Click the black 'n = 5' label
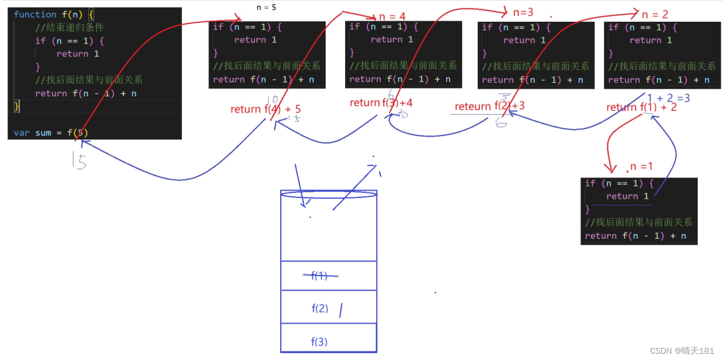click(266, 8)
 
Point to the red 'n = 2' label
click(655, 15)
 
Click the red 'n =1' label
click(641, 167)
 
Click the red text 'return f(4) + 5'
click(265, 109)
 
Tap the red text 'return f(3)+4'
click(381, 103)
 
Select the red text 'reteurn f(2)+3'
click(489, 106)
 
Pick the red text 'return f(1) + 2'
click(641, 107)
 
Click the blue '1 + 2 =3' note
click(668, 98)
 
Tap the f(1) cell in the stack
click(328, 276)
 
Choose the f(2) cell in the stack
click(328, 308)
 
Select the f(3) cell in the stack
click(328, 342)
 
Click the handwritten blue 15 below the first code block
click(80, 161)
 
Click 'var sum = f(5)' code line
click(51, 133)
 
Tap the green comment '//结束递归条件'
click(69, 28)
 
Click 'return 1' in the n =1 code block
click(623, 196)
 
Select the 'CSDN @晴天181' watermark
click(682, 351)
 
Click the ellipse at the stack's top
click(328, 195)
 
